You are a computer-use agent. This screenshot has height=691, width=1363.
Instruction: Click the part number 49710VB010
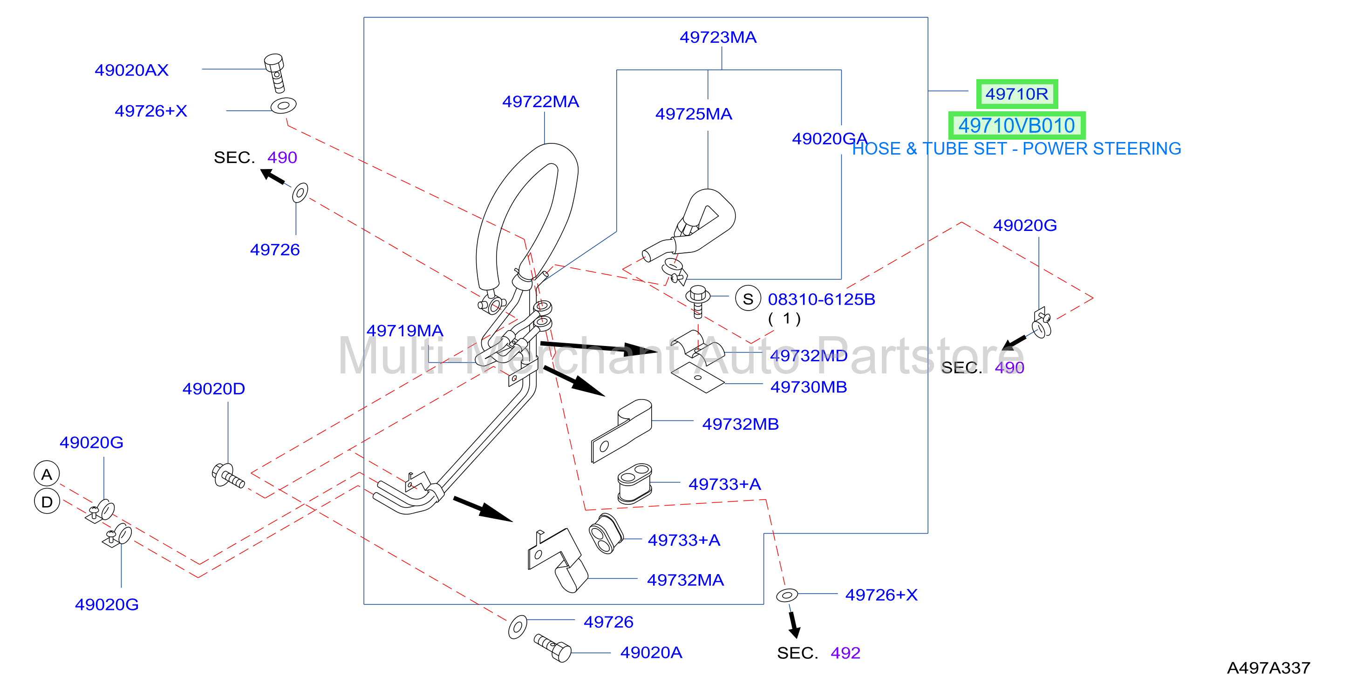(1016, 126)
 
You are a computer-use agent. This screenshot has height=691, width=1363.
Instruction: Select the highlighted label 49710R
(1016, 94)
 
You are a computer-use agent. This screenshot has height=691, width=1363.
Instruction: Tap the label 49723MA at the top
(718, 37)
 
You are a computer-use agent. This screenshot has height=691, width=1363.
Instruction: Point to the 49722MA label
(540, 102)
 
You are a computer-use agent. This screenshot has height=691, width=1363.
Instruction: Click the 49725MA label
(694, 114)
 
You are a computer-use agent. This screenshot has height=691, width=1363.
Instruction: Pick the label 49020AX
(131, 70)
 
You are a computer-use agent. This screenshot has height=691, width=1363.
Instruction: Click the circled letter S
(748, 299)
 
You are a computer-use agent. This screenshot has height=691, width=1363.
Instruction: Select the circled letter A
(47, 474)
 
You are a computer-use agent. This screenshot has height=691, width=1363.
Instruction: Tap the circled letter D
(47, 501)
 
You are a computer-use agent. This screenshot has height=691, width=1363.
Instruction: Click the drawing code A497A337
(1268, 668)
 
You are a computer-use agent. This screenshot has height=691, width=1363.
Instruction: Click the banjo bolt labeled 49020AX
(275, 73)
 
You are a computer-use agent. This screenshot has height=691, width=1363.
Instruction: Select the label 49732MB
(740, 424)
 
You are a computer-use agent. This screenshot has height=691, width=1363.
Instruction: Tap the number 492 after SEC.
(845, 653)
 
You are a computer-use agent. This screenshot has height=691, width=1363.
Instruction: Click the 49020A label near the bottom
(651, 652)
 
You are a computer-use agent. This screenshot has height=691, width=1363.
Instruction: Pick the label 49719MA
(405, 331)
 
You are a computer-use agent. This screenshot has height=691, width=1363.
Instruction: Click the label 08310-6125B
(821, 299)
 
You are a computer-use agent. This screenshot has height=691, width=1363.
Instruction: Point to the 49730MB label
(809, 387)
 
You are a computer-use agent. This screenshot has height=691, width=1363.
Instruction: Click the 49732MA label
(685, 580)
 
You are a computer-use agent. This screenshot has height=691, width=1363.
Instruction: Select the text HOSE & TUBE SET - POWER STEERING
(1016, 149)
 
